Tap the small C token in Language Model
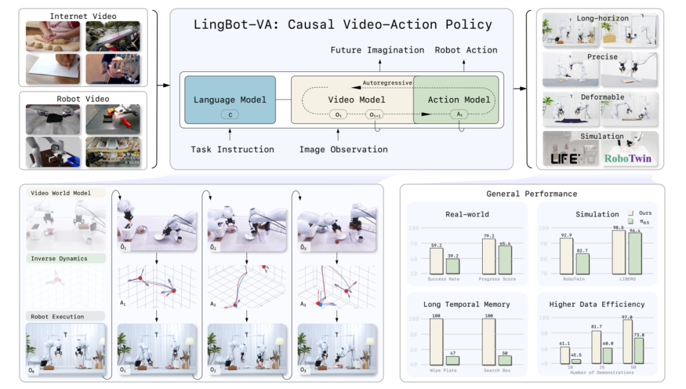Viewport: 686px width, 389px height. (x=229, y=114)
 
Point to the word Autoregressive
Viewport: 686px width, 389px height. (x=387, y=83)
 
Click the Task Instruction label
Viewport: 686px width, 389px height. (x=232, y=149)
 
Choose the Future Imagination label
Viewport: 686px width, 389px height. (x=377, y=50)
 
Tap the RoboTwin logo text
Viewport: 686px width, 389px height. (x=628, y=158)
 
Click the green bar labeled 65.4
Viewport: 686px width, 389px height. (x=503, y=259)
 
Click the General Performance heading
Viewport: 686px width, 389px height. (x=532, y=194)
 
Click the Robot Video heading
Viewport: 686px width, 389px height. (x=83, y=99)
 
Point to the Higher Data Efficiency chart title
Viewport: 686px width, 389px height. (x=597, y=304)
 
